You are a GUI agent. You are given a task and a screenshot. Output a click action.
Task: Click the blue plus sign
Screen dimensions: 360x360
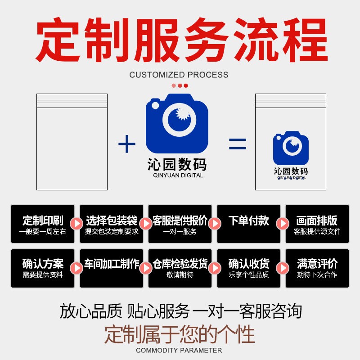126,144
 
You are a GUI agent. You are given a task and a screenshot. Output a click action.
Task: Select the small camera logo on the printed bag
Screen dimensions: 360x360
291,148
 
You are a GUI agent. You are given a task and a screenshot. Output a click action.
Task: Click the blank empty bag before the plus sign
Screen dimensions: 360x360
72,142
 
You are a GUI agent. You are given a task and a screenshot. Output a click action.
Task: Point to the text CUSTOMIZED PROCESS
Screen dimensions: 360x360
179,75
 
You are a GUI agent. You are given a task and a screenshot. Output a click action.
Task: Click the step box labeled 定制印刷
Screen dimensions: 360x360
43,224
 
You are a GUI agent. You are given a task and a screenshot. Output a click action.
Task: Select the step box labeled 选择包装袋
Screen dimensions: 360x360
112,224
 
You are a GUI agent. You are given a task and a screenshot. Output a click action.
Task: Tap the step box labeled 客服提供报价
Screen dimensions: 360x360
180,224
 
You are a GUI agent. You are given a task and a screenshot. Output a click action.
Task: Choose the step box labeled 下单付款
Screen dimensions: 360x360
249,224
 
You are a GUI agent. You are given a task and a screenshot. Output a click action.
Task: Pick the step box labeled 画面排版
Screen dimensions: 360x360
317,224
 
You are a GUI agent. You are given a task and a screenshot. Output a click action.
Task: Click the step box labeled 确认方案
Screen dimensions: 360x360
43,268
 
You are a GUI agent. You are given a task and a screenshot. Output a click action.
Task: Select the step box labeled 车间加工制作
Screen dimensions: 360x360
112,268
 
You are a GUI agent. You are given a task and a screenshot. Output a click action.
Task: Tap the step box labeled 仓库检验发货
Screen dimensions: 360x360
180,268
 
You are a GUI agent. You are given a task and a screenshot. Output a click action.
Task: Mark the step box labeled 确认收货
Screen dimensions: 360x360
249,268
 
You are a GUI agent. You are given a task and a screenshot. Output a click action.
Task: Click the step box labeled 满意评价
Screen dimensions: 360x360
317,268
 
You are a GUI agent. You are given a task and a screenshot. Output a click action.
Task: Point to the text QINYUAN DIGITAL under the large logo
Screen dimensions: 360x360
177,175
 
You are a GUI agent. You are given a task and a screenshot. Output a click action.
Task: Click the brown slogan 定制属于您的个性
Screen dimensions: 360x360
180,335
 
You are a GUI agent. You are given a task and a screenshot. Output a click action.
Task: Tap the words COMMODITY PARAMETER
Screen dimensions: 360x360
179,351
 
